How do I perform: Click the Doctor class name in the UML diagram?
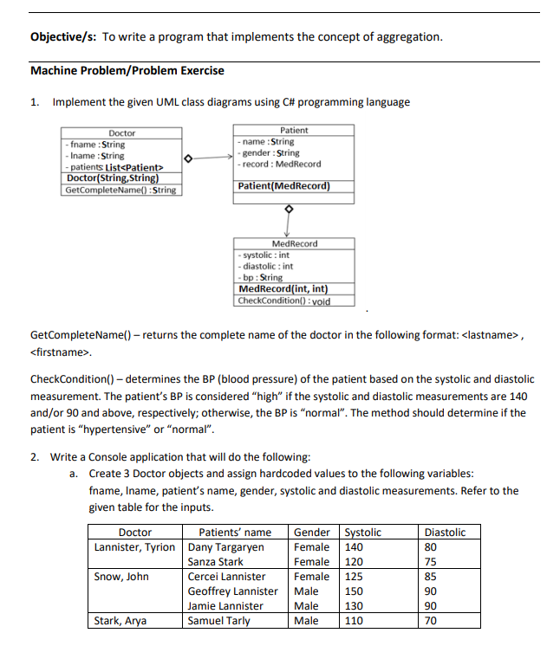click(121, 133)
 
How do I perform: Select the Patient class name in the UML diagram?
click(294, 130)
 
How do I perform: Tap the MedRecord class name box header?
click(294, 244)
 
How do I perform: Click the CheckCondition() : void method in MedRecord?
click(283, 300)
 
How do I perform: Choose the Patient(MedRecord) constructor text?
click(283, 186)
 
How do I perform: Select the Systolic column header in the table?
click(363, 533)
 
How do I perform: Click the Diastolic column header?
click(445, 533)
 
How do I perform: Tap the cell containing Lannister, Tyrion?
click(135, 547)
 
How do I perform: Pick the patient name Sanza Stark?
click(216, 562)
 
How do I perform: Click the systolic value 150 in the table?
click(354, 591)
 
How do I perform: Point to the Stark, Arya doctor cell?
click(120, 621)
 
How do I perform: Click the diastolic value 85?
click(432, 577)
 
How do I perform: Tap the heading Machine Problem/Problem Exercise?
click(127, 71)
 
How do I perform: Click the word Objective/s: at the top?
click(63, 37)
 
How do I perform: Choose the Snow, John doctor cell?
click(121, 577)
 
